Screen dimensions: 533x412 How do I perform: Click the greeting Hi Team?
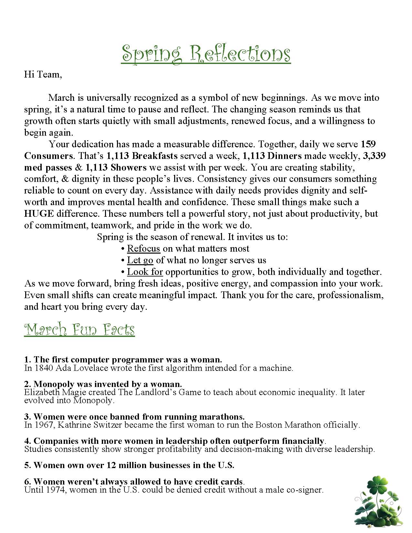42,75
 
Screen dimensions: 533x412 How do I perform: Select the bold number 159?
368,144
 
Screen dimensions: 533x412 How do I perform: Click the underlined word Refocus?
143,249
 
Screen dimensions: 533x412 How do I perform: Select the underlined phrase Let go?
140,260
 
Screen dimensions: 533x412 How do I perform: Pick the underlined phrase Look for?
145,272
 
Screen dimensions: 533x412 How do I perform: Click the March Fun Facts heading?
79,329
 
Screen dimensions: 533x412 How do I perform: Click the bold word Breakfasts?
155,156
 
